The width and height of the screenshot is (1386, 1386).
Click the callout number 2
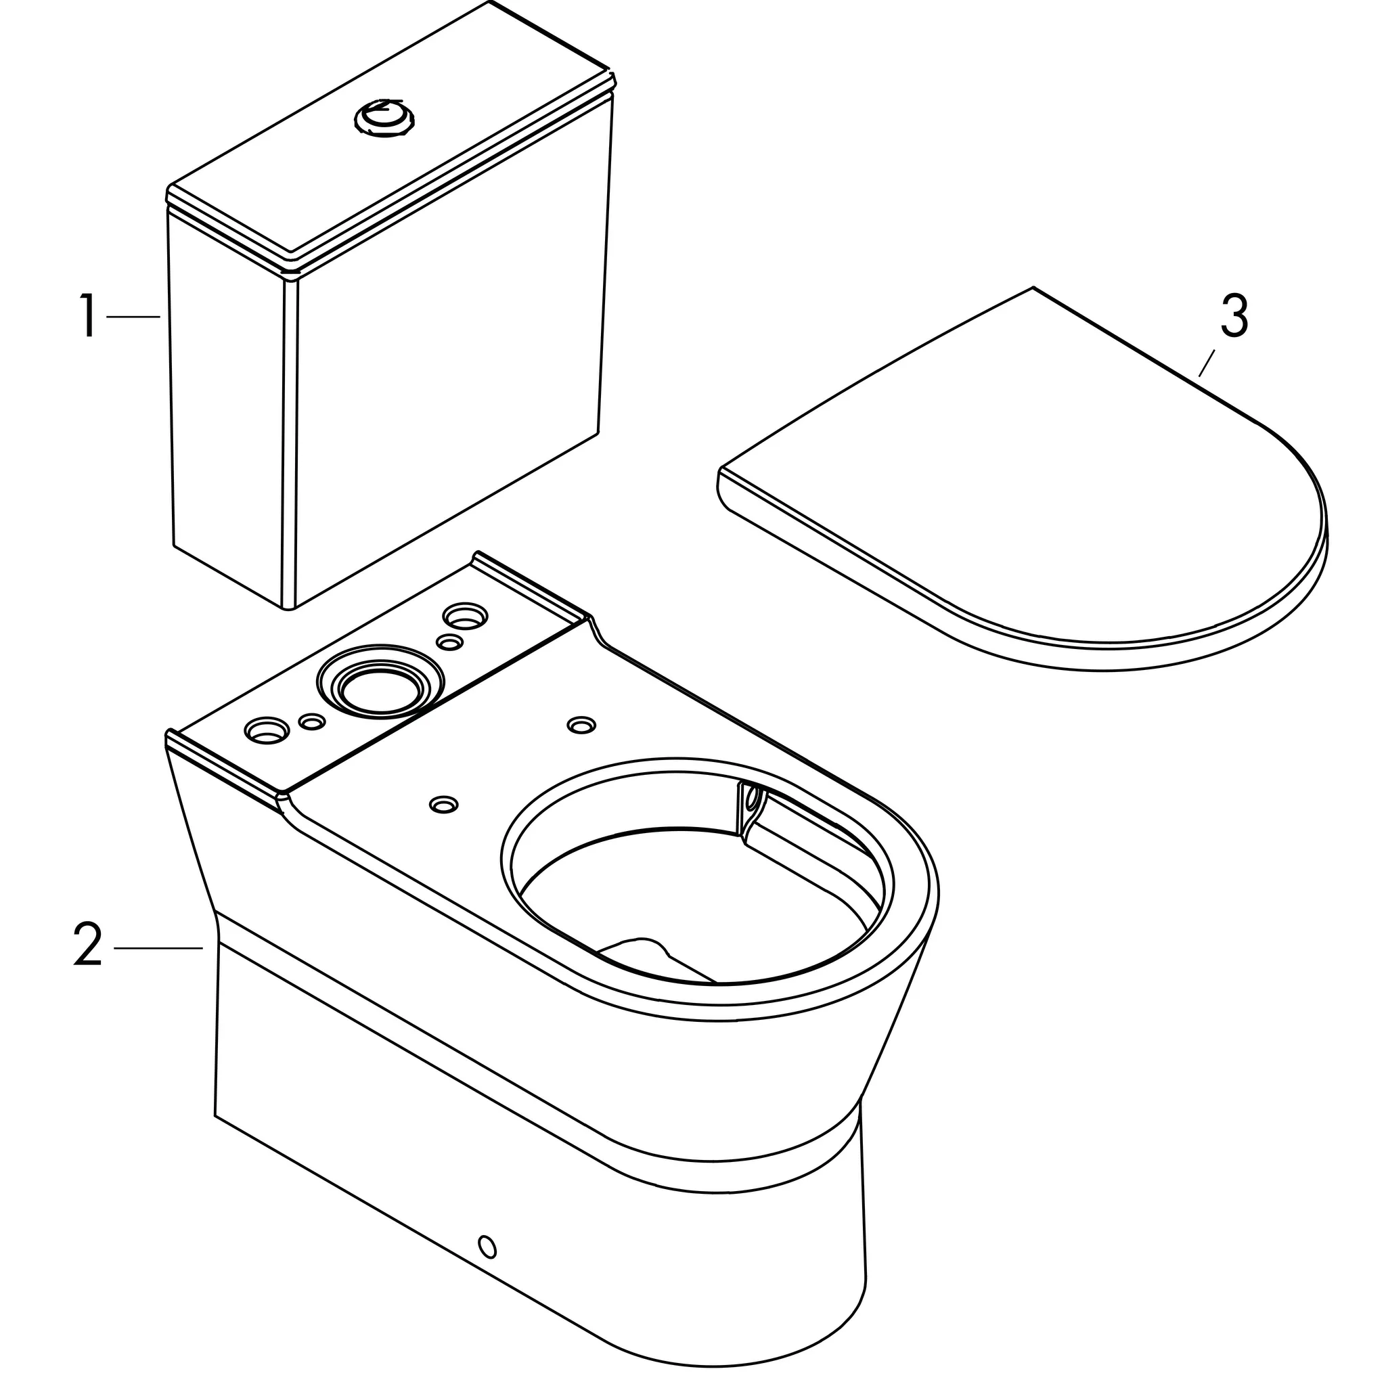tap(87, 945)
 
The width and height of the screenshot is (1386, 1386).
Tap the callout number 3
tap(1234, 316)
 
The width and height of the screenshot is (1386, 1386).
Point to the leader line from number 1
tap(133, 316)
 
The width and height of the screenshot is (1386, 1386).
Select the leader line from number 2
tap(158, 948)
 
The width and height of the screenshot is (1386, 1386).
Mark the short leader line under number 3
tap(1206, 363)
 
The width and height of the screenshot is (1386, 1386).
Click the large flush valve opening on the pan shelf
tap(375, 690)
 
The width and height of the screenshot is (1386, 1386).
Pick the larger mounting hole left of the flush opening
tap(266, 731)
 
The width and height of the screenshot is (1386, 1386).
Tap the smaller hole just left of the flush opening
tap(311, 722)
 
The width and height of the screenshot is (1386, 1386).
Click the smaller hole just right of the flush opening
tap(450, 643)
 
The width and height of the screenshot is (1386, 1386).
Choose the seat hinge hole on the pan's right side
tap(581, 725)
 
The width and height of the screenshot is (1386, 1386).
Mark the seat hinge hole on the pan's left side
tap(443, 805)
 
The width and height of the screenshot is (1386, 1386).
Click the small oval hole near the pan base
tap(487, 1247)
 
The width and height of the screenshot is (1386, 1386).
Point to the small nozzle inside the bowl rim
tap(751, 799)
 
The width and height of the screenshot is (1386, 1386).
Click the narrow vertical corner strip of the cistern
tap(290, 445)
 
